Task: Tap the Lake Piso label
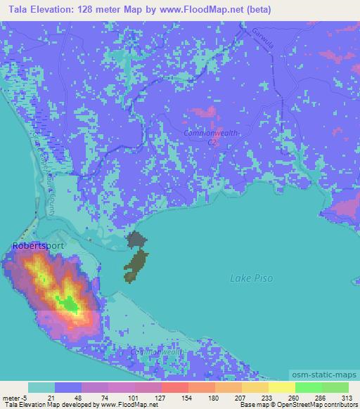click(252, 279)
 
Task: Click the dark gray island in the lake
click(136, 240)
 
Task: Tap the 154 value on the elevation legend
click(176, 398)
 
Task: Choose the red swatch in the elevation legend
click(174, 387)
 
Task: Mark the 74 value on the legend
click(95, 398)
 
